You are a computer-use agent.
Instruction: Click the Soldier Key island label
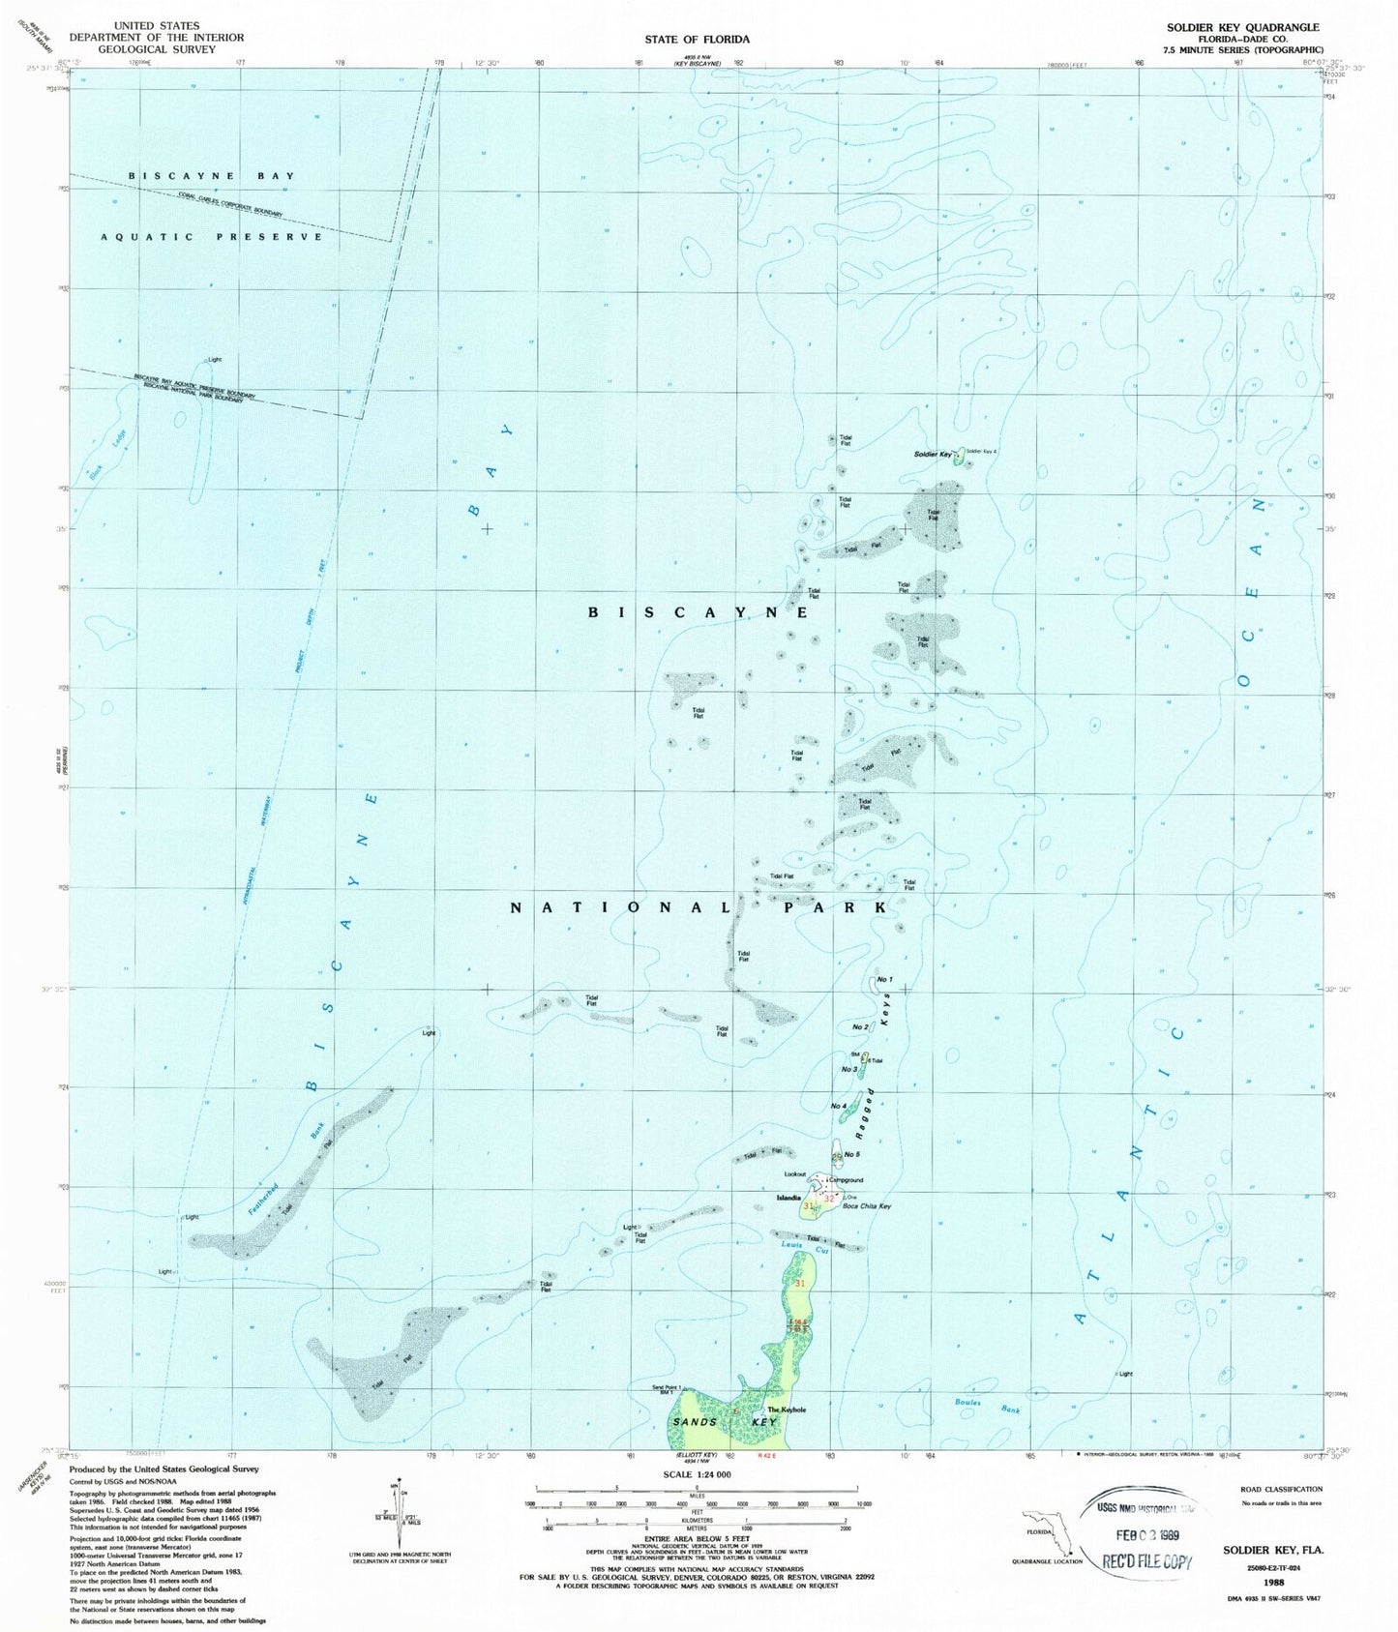[932, 455]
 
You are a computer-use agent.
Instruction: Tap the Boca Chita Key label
[866, 1206]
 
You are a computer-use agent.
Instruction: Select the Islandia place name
[788, 1198]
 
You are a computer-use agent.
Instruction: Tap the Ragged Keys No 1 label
[883, 980]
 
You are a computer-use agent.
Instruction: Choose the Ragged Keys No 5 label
[851, 1154]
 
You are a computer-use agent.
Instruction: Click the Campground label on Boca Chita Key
[845, 1180]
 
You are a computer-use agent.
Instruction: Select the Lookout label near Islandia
[794, 1174]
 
